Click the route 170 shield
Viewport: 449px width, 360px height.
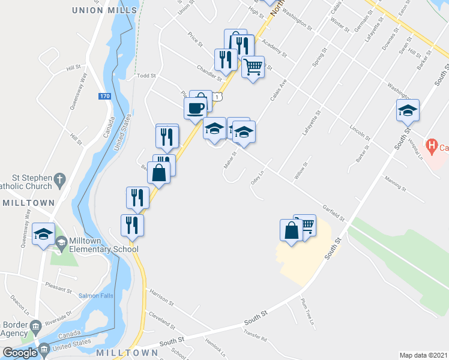106,95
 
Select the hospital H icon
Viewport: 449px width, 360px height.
431,145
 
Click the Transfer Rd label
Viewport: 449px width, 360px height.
255,334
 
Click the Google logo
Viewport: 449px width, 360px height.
20,353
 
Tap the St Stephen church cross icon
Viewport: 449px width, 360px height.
59,178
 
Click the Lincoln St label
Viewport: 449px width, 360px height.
361,133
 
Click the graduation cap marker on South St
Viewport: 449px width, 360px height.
407,110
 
